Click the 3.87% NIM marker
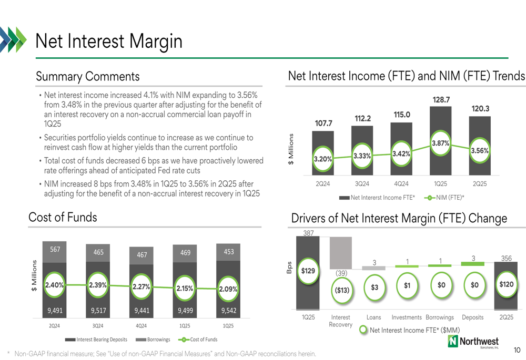[440, 143]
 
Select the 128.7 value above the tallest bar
[441, 99]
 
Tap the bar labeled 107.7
[323, 153]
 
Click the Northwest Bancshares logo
[473, 342]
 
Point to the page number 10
[517, 350]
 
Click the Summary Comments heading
[87, 76]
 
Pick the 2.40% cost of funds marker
[54, 285]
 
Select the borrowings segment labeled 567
[54, 252]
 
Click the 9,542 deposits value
[229, 311]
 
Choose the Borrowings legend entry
[153, 340]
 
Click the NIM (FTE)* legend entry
[444, 198]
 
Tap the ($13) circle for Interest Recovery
[342, 290]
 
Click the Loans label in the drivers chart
[373, 317]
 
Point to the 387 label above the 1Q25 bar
[308, 233]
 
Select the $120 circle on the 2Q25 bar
[507, 284]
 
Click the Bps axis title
[289, 268]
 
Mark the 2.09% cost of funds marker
[228, 289]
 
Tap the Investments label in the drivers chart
[407, 317]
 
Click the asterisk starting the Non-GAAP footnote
[8, 353]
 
